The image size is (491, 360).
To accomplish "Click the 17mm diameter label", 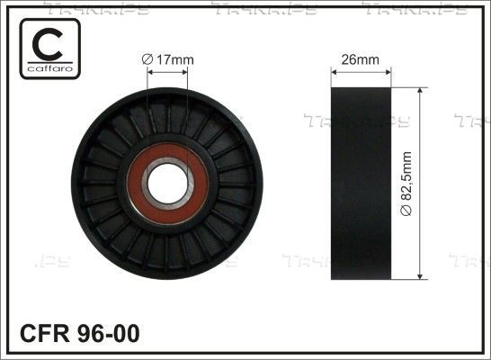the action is tap(167, 59).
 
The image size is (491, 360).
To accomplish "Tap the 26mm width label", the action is tap(360, 59).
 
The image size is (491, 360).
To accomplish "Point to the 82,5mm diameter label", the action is tap(406, 184).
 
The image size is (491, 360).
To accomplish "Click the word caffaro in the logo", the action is tap(50, 68).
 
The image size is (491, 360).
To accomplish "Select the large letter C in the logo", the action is tap(48, 44).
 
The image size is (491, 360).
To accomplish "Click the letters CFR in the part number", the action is tap(44, 333).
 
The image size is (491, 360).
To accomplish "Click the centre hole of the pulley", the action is tap(168, 184).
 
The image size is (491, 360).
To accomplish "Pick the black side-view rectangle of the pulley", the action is tap(361, 184).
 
